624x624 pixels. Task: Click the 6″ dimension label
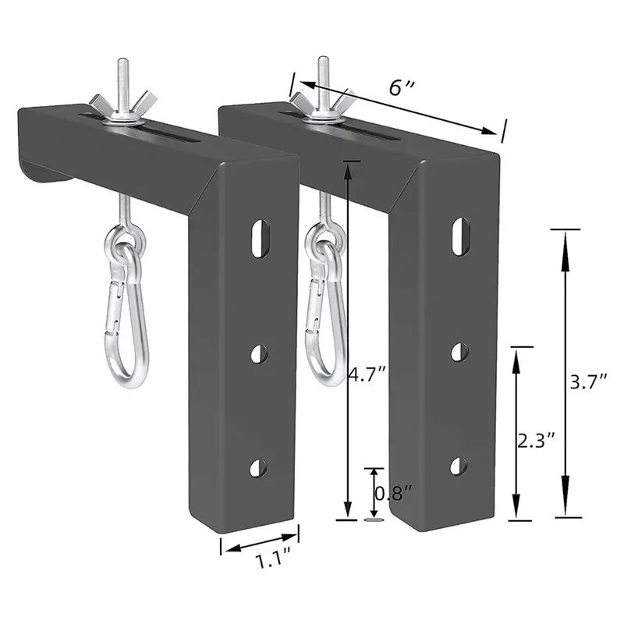coord(402,87)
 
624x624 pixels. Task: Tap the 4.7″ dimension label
coord(367,374)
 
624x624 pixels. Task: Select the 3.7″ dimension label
coord(589,382)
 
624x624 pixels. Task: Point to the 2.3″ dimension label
coord(536,441)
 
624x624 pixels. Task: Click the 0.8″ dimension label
coord(394,494)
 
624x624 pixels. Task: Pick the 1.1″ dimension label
coord(273,558)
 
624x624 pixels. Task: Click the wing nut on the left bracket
coord(123,105)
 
